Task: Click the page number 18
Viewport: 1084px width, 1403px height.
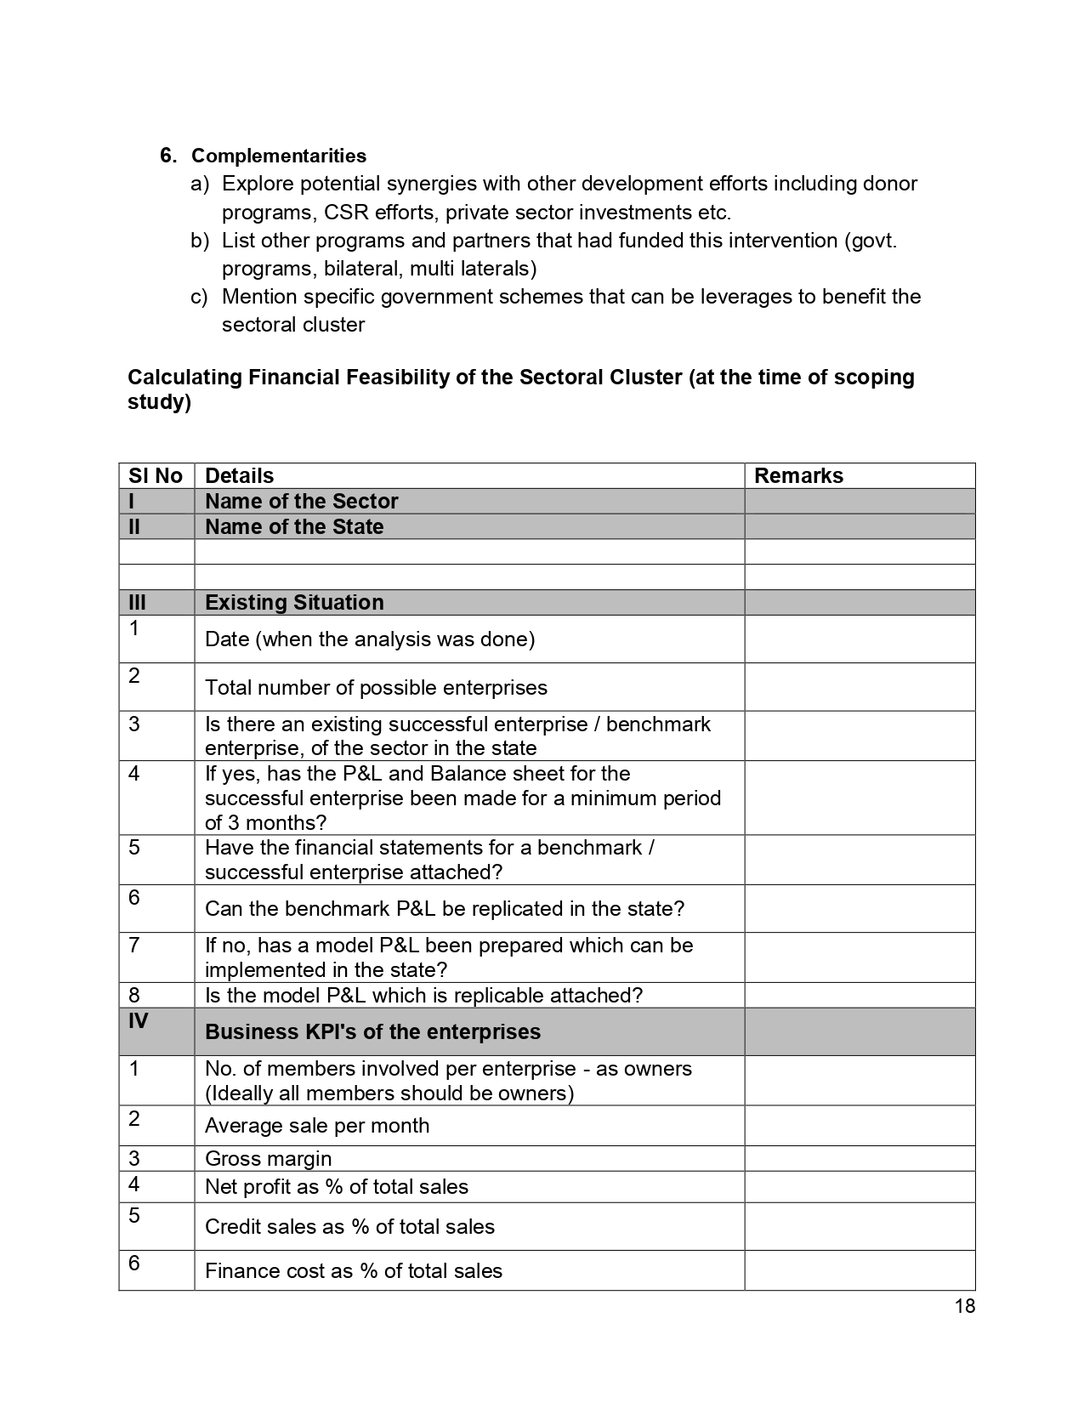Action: click(x=964, y=1306)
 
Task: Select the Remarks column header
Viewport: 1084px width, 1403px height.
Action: click(x=798, y=475)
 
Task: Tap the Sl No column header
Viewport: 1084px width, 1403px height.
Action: click(x=156, y=475)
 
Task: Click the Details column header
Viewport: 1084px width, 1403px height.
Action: click(x=240, y=475)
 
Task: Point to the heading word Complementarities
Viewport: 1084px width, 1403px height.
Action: click(x=279, y=156)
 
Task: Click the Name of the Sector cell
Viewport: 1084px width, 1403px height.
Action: click(x=302, y=501)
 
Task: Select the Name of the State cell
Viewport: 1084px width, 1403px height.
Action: click(x=294, y=526)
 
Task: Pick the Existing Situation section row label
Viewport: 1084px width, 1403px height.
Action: click(x=294, y=602)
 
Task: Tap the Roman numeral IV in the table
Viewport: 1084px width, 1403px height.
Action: click(x=138, y=1020)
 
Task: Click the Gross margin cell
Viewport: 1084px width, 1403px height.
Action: click(x=269, y=1158)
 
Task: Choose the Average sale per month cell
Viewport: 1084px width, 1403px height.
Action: click(x=317, y=1125)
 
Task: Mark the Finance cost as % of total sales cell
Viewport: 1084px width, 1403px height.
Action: click(x=354, y=1270)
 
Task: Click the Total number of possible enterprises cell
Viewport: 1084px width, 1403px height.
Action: click(x=376, y=687)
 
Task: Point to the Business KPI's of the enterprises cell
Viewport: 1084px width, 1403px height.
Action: click(x=372, y=1031)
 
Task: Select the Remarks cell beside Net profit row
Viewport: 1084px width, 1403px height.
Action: click(x=859, y=1186)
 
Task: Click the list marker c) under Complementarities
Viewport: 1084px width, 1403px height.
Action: click(x=199, y=297)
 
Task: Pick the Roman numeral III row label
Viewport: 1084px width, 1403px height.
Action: click(x=137, y=602)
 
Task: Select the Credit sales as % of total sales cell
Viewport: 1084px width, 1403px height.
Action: click(x=349, y=1226)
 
